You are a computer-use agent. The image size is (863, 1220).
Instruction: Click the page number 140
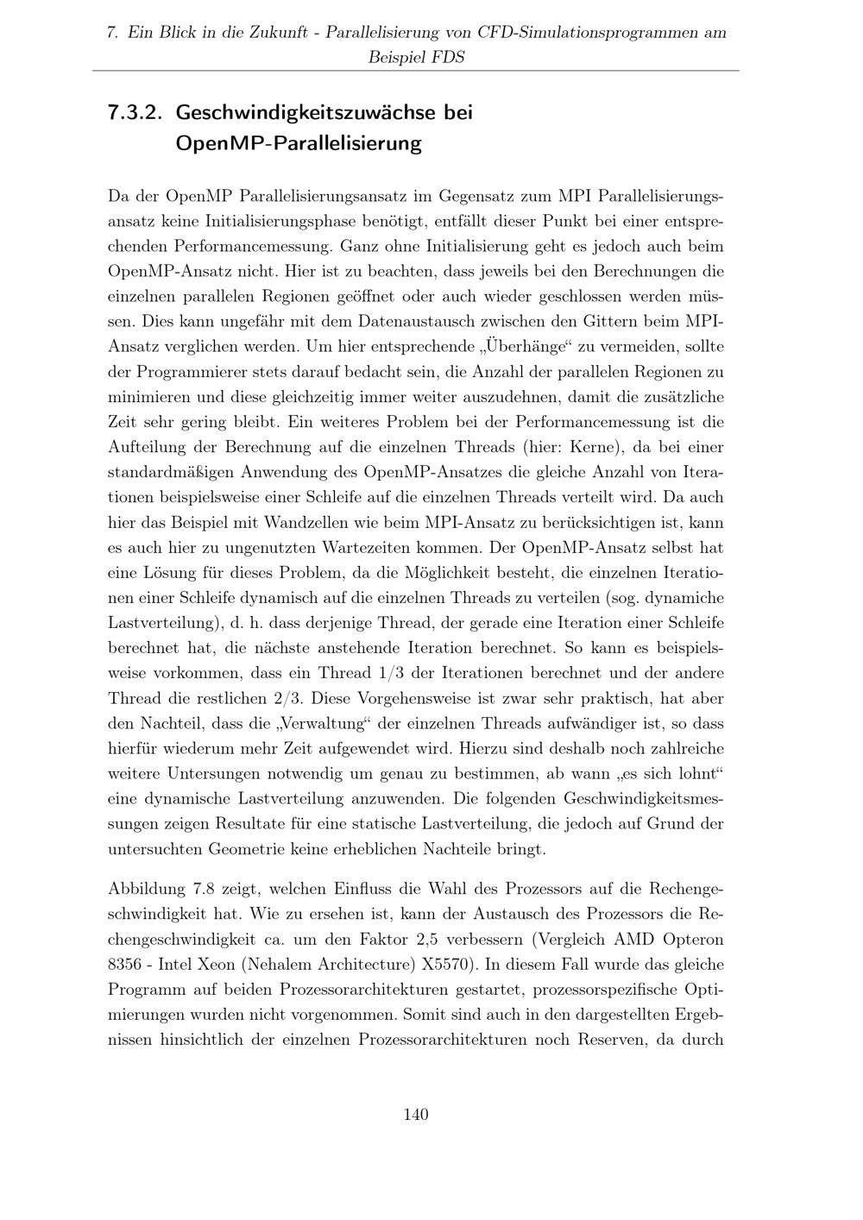[x=415, y=1115]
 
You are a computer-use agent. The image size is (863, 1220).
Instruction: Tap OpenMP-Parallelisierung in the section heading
[x=298, y=143]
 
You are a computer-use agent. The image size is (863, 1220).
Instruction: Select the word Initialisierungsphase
[x=283, y=221]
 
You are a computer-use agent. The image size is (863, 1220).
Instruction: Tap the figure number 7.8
[x=211, y=889]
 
